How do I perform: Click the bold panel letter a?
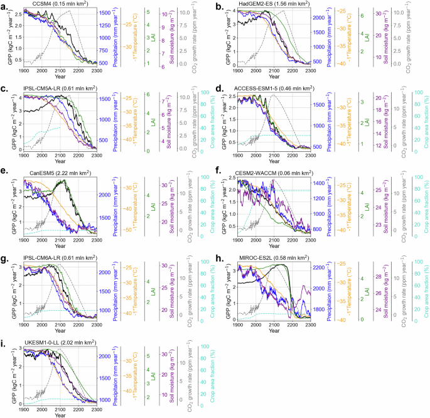click(x=4, y=6)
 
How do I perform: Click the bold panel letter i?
click(x=3, y=342)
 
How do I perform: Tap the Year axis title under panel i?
click(x=60, y=414)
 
